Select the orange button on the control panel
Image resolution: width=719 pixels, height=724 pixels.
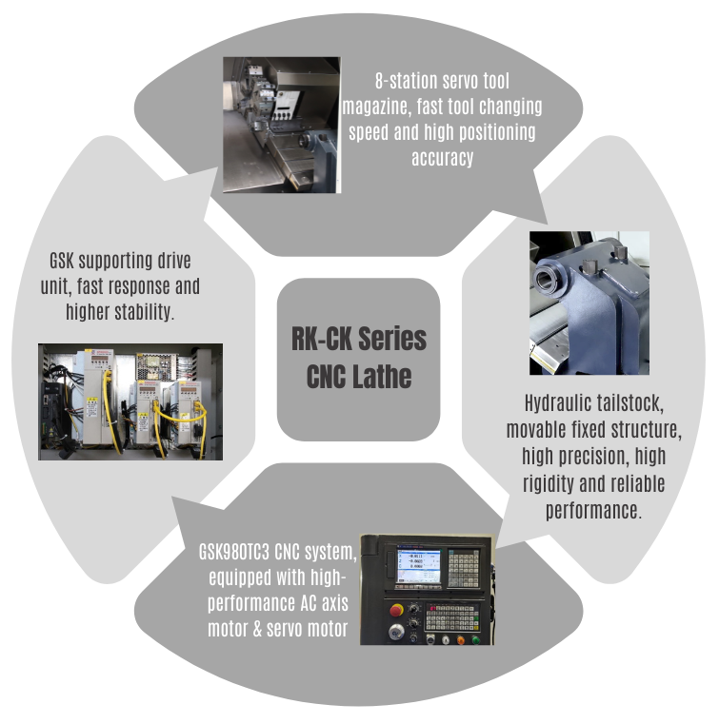click(462, 638)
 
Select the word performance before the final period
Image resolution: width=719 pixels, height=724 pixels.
click(591, 510)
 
